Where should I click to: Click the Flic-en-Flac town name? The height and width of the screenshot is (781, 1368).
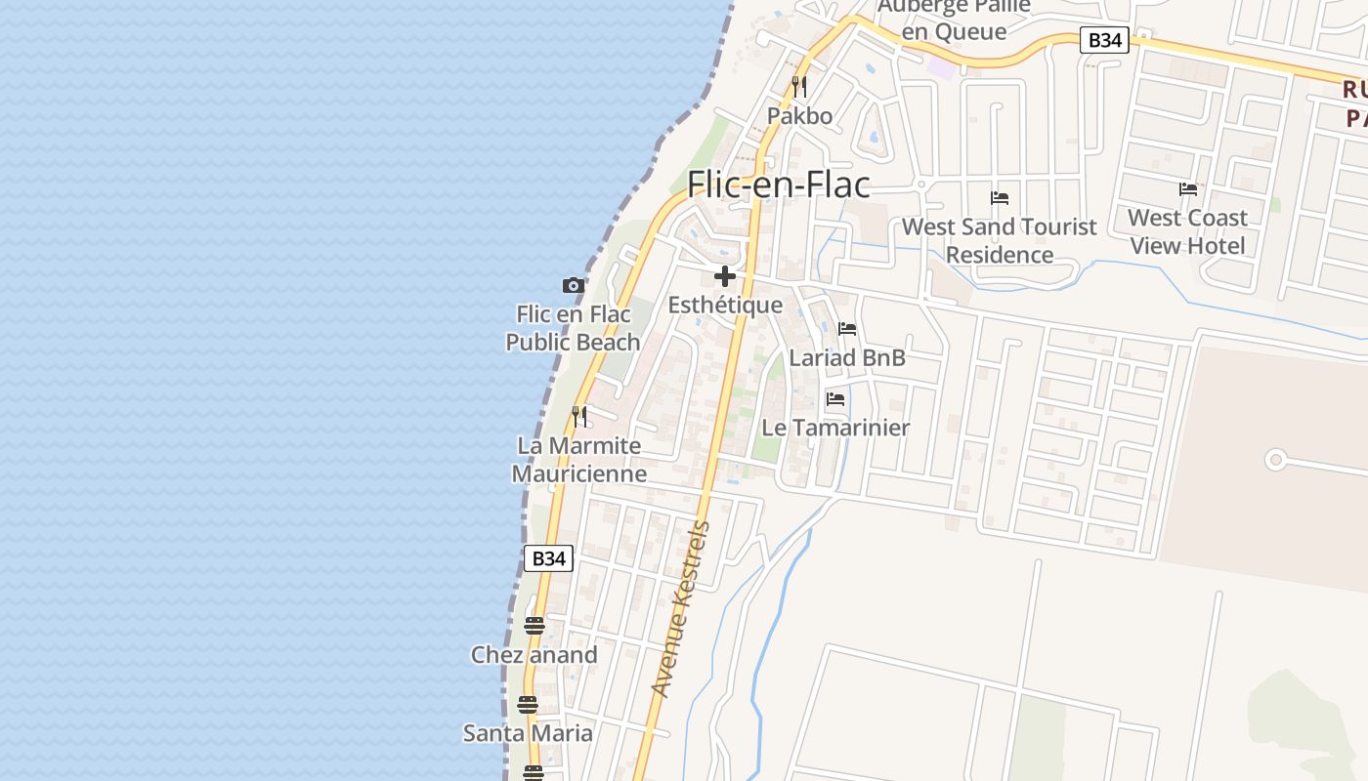(x=779, y=184)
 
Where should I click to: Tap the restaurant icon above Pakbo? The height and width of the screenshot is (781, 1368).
(x=799, y=86)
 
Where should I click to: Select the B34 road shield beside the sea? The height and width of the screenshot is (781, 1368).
(x=548, y=558)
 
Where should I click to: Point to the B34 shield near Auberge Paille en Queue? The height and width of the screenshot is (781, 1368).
(x=1104, y=40)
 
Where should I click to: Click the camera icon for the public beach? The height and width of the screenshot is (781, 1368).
(x=574, y=285)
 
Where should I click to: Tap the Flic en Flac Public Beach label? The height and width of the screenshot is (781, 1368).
(x=574, y=328)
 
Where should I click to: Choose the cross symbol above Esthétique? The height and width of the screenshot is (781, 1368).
(x=725, y=276)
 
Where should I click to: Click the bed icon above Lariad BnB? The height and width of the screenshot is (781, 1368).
(x=847, y=329)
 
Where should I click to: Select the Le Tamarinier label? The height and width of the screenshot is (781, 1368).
(x=835, y=428)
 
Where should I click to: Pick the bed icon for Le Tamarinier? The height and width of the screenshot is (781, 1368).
(x=835, y=399)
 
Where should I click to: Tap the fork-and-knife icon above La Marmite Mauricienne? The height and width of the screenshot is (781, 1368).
(x=579, y=417)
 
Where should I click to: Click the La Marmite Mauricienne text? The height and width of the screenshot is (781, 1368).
(x=579, y=460)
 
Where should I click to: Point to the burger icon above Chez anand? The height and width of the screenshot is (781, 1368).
(x=534, y=626)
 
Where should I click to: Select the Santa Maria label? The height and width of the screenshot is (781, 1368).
(x=528, y=733)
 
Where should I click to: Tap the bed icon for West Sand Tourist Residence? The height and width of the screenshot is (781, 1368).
(x=1000, y=197)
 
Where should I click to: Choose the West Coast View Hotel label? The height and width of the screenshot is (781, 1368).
(x=1187, y=231)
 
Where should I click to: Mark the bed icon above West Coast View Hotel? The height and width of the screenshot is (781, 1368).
(x=1188, y=188)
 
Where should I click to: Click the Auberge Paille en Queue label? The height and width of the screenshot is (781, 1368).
(x=954, y=20)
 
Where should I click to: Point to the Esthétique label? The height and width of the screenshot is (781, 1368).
(x=725, y=305)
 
